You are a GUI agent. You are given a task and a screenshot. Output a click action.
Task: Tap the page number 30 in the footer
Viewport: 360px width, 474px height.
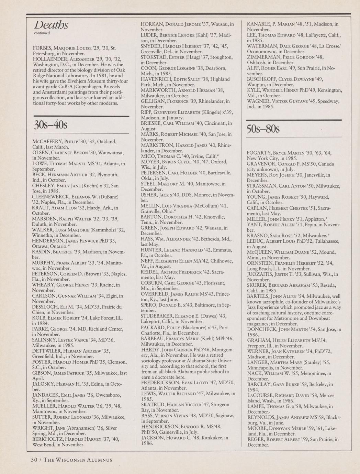coord(34,460)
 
